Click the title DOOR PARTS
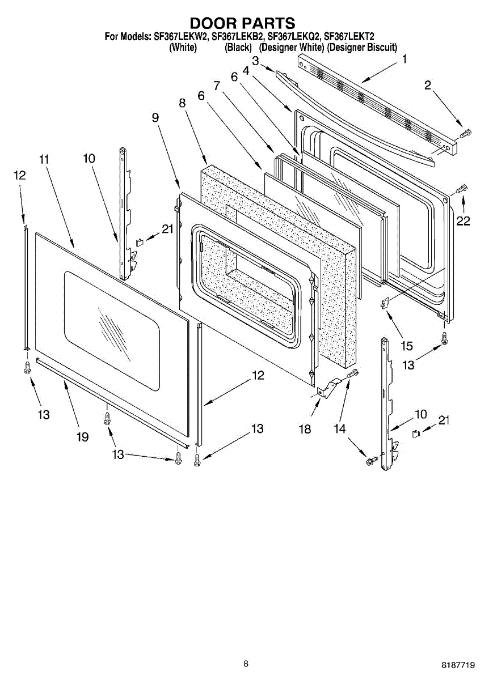point(242,23)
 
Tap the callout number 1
point(404,59)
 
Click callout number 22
point(463,221)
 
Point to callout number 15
point(407,345)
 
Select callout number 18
point(305,429)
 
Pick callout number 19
point(83,436)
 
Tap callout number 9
point(155,117)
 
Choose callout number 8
point(182,103)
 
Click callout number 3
point(256,61)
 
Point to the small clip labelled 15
point(385,303)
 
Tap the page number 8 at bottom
point(246,664)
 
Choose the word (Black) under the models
point(238,48)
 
